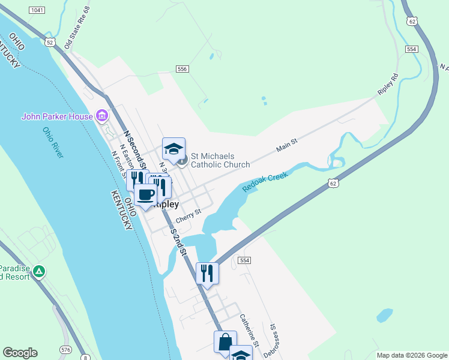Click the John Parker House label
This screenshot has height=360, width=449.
click(57, 116)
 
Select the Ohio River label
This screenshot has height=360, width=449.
click(53, 143)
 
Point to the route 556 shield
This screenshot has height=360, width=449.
click(183, 70)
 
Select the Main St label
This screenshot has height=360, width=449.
click(287, 143)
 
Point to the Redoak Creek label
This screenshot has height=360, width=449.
click(265, 182)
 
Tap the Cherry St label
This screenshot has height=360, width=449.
click(188, 215)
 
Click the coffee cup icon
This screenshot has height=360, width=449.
click(145, 195)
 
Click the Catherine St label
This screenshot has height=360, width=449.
click(249, 331)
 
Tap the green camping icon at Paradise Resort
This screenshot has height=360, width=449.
click(39, 271)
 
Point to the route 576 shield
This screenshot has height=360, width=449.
click(65, 349)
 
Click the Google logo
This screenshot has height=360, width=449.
click(20, 353)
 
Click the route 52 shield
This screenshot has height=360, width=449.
click(49, 43)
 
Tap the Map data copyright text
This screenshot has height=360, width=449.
click(411, 355)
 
